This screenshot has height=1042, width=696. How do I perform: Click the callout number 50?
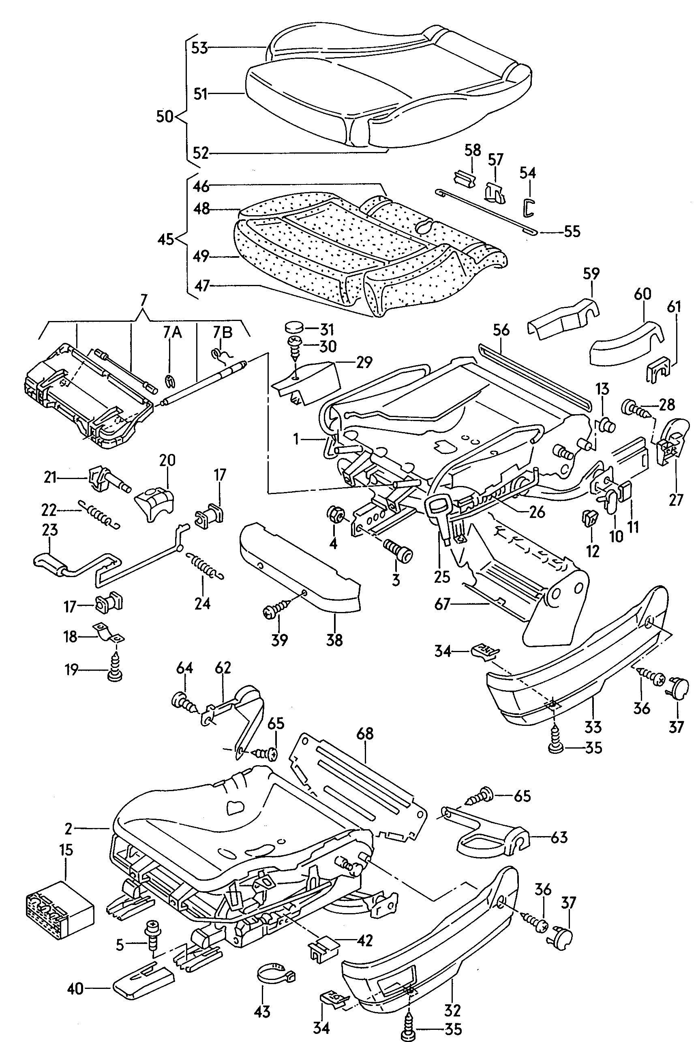point(165,117)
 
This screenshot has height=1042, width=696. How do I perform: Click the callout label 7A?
point(172,332)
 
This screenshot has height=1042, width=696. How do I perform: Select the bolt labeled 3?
point(398,550)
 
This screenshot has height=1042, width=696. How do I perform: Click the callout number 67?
point(443,604)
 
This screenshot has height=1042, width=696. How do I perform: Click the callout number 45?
point(166,240)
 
